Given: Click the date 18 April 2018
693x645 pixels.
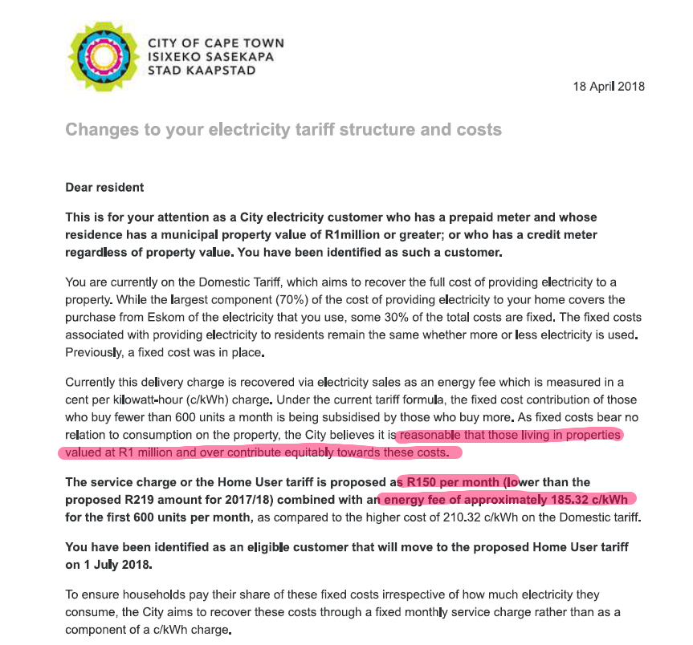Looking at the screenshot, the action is pyautogui.click(x=608, y=87).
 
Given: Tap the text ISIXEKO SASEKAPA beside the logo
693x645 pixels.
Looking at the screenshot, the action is pyautogui.click(x=210, y=57).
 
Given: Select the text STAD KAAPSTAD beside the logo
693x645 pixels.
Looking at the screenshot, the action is pyautogui.click(x=202, y=71).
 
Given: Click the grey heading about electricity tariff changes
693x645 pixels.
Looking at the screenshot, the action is pyautogui.click(x=283, y=129).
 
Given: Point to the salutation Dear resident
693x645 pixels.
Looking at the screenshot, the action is pyautogui.click(x=104, y=187).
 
